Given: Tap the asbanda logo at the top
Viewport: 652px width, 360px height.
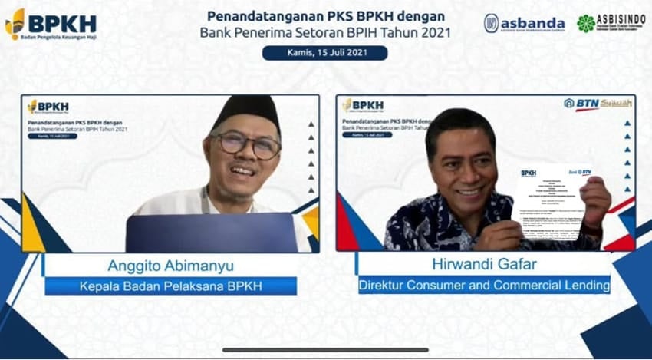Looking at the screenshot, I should [524, 24].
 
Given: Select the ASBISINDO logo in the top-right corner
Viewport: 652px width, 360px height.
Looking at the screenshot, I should [610, 23].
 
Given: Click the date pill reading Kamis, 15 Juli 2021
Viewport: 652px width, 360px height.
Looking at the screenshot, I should [324, 53].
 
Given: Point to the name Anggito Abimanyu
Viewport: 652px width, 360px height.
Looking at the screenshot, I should [171, 266].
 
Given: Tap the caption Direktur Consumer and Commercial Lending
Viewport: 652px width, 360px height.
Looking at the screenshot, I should [484, 286].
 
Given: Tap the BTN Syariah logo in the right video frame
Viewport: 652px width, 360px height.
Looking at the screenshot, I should [598, 104].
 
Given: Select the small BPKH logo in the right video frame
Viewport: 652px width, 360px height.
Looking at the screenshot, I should [363, 105].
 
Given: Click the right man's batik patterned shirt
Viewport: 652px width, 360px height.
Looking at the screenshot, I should [430, 223].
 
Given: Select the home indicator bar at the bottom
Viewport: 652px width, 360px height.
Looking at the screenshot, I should [325, 350].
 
